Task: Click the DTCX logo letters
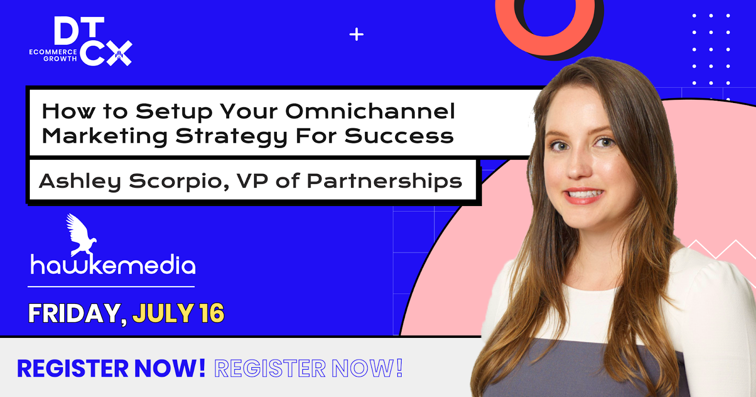pos(93,41)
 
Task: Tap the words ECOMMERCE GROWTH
pos(53,55)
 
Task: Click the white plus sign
pos(356,35)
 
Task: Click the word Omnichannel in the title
pos(370,111)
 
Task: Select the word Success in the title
pos(399,136)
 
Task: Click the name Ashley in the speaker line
pos(80,181)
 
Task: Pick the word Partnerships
pos(384,181)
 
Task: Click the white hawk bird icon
pos(81,234)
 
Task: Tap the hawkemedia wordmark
pos(113,265)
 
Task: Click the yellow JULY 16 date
pos(178,313)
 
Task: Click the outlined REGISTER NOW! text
pos(309,368)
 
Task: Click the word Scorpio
pos(179,181)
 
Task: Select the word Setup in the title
pos(173,112)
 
